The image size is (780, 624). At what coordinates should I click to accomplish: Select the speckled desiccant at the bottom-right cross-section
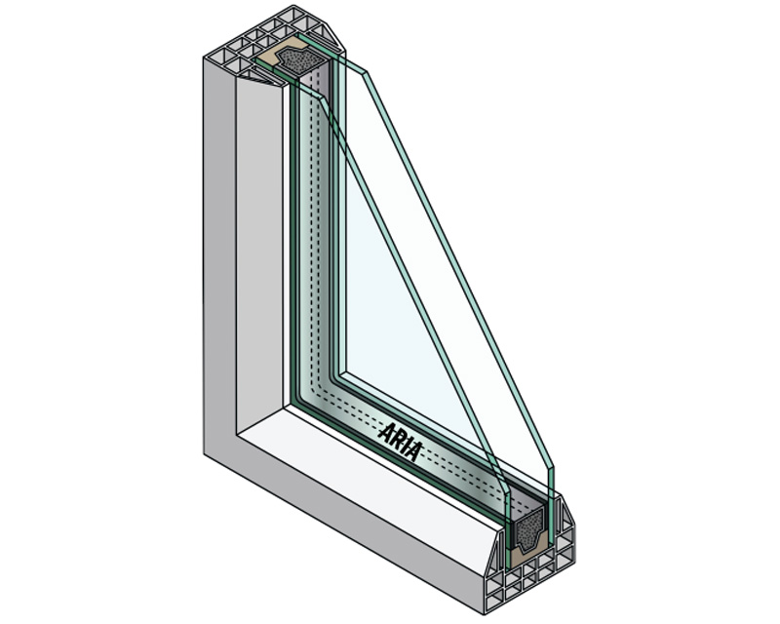[x=529, y=533]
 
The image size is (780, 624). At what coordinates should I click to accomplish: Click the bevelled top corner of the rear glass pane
[x=323, y=99]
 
